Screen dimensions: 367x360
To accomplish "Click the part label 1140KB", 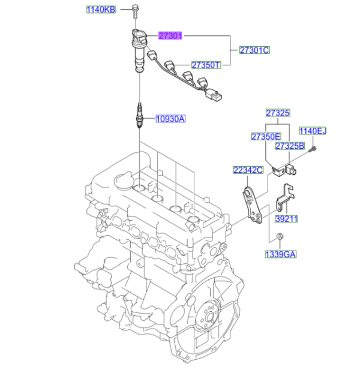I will coord(101,10).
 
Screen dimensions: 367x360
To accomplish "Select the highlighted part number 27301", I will coord(170,36).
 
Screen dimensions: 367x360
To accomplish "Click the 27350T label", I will coord(206,64).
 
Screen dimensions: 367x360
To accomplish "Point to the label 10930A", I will coord(171,119).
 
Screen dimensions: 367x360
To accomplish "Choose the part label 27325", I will coord(278,112).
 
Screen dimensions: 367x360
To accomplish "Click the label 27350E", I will coord(266,136).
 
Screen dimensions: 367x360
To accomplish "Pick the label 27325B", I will coord(290,146).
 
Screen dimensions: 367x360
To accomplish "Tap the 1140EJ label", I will coord(313,131).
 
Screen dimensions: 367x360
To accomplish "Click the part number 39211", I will coord(286,219).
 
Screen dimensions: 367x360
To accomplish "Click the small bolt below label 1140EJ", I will coord(313,151).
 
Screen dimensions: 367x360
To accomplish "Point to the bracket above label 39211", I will coord(286,198).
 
